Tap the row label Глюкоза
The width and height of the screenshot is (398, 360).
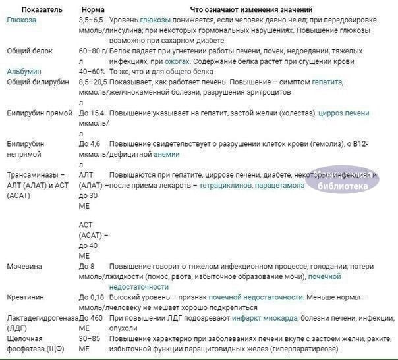click(x=22, y=20)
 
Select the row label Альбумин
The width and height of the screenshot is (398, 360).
click(x=24, y=71)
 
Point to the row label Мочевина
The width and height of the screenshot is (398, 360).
click(x=25, y=267)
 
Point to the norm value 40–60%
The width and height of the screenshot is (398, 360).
click(x=92, y=71)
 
